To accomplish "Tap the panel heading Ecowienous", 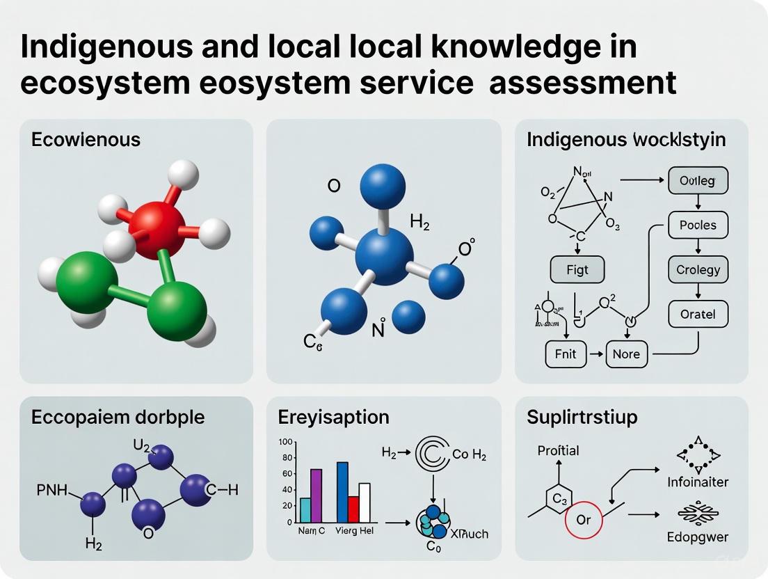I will (x=86, y=139).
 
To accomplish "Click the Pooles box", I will (x=697, y=225).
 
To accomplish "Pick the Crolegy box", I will (x=698, y=269).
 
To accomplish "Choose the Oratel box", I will (x=697, y=314).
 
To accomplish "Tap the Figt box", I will (x=577, y=270).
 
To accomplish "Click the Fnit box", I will (x=566, y=354).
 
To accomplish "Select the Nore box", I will (x=626, y=354).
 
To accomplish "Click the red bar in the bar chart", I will (x=353, y=509).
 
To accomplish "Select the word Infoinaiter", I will (x=698, y=482).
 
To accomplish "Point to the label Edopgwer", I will (x=698, y=537).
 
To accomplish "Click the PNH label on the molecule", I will (x=51, y=491).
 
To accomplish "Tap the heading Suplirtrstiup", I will (x=582, y=418).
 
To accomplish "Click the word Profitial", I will (x=558, y=450).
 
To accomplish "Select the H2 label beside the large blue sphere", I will (x=420, y=223).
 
